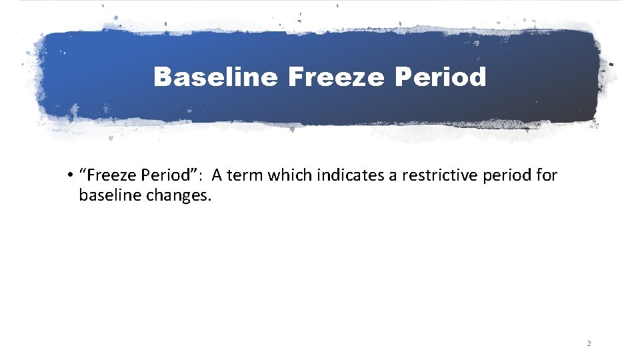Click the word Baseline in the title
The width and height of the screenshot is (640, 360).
click(215, 78)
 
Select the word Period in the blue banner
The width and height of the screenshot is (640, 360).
click(440, 78)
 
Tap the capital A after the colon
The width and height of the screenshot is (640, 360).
click(218, 175)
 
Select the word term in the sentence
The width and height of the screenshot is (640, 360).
click(245, 175)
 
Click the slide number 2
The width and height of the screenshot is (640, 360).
click(589, 344)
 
